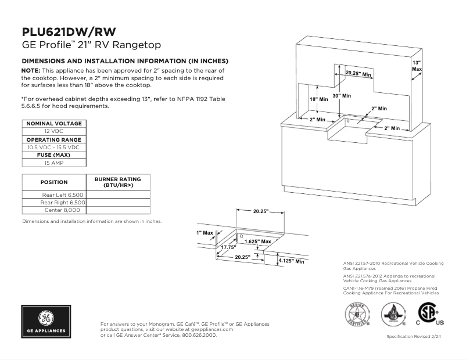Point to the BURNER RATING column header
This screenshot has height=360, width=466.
[x=118, y=182]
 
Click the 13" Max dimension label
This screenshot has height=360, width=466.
[x=417, y=65]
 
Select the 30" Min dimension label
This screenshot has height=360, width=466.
[x=342, y=95]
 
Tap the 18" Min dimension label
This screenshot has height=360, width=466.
[x=318, y=99]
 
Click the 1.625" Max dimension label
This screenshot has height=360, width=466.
[x=257, y=241]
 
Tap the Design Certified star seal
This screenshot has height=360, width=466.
[x=357, y=315]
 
